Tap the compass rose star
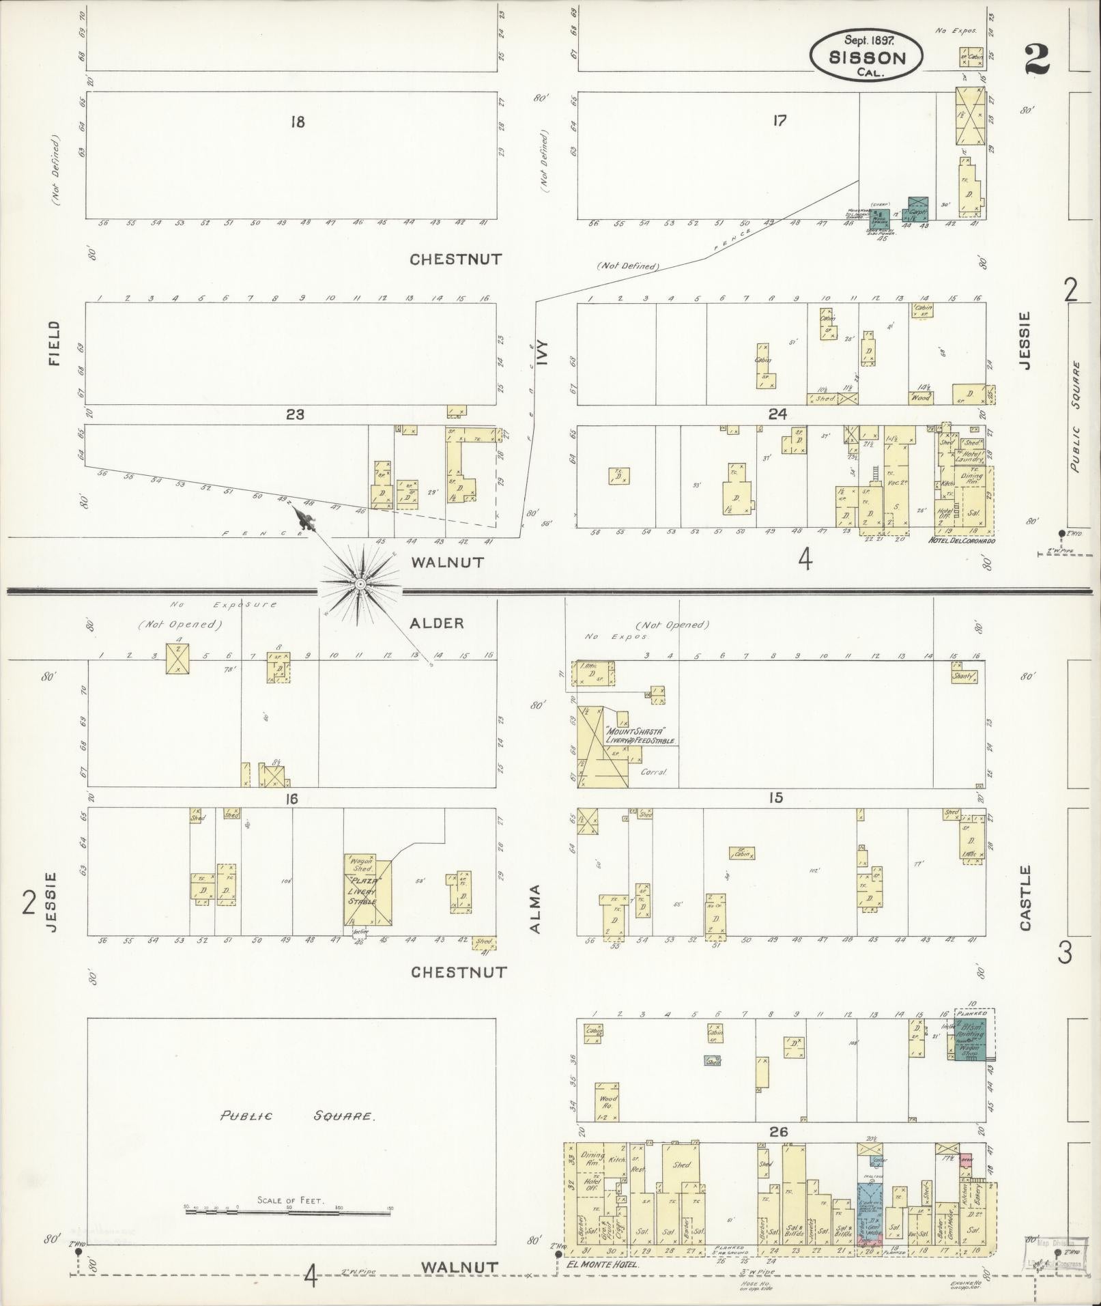(x=359, y=584)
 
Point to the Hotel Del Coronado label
(x=961, y=541)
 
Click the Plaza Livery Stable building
(x=368, y=889)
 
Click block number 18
(x=297, y=122)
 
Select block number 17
(x=780, y=121)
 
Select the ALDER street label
(x=437, y=623)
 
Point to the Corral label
(x=653, y=772)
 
